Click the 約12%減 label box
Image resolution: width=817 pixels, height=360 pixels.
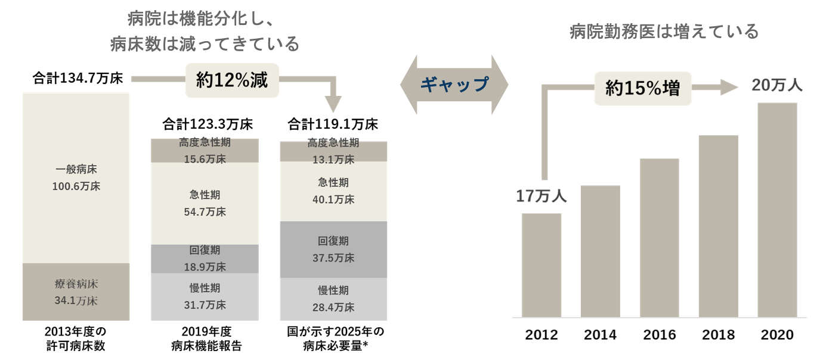pyautogui.click(x=232, y=80)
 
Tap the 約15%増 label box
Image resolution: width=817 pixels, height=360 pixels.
pyautogui.click(x=643, y=89)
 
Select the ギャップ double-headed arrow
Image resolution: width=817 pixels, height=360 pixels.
pyautogui.click(x=454, y=85)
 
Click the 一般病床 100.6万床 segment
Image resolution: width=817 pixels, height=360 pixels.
pyautogui.click(x=76, y=178)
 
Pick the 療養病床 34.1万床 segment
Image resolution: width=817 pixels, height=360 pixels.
pyautogui.click(x=76, y=292)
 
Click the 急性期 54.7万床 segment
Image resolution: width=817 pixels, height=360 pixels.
pyautogui.click(x=205, y=203)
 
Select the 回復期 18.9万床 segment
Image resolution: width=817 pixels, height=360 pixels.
pyautogui.click(x=205, y=259)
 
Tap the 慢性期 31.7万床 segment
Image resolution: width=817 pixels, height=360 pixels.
pyautogui.click(x=205, y=297)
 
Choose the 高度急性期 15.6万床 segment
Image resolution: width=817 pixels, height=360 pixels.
pyautogui.click(x=205, y=150)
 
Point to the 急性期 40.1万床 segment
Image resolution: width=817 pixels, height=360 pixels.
pyautogui.click(x=333, y=191)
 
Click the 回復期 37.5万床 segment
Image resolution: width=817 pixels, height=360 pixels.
pyautogui.click(x=333, y=249)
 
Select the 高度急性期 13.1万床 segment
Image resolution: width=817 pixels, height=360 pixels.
pyautogui.click(x=333, y=151)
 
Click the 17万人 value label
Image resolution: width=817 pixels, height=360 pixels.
pyautogui.click(x=541, y=197)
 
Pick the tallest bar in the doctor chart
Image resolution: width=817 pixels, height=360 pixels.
pyautogui.click(x=776, y=209)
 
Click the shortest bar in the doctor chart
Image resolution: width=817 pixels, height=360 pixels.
pyautogui.click(x=541, y=265)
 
